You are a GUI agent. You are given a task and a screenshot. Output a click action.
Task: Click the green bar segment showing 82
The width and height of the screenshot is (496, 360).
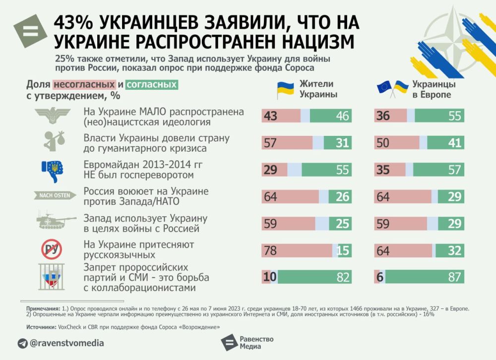click(312, 277)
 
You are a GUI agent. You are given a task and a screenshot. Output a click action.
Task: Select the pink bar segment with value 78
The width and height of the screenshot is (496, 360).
click(297, 250)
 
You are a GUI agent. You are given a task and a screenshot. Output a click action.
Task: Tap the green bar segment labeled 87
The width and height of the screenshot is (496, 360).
click(422, 277)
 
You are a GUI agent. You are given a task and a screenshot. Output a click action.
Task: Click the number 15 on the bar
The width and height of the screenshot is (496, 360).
click(343, 250)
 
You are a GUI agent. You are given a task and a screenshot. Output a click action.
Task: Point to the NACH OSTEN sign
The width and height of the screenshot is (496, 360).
click(55, 195)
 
